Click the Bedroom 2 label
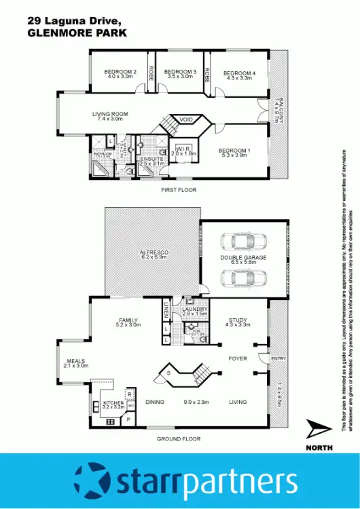(x=121, y=72)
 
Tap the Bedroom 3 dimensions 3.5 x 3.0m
(x=181, y=77)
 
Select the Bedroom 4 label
(x=239, y=73)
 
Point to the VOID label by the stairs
(x=187, y=120)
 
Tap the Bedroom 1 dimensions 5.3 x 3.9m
(x=234, y=155)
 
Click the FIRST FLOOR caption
(x=179, y=190)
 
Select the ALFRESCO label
(x=154, y=252)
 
